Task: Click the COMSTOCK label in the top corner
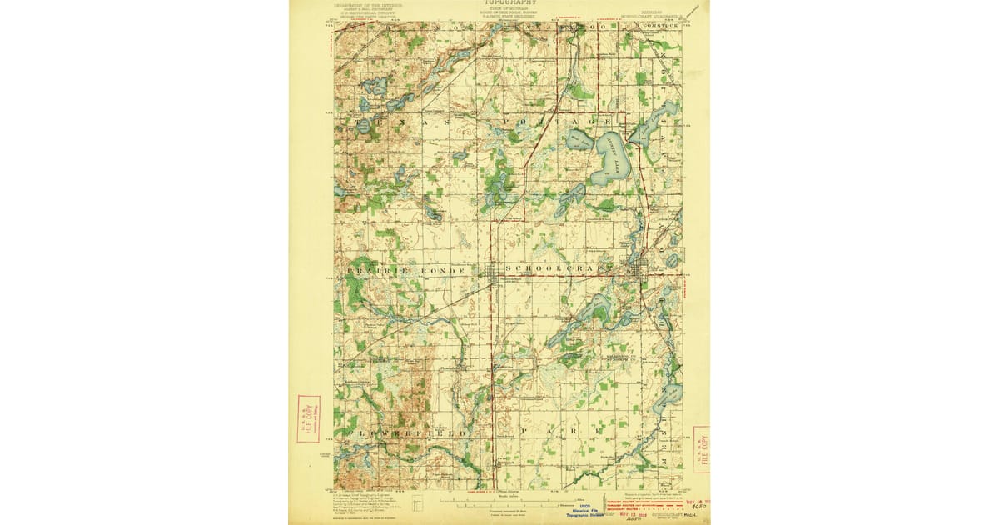point(658,27)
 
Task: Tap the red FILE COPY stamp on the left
point(308,418)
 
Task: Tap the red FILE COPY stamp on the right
point(702,449)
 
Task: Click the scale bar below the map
point(508,502)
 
